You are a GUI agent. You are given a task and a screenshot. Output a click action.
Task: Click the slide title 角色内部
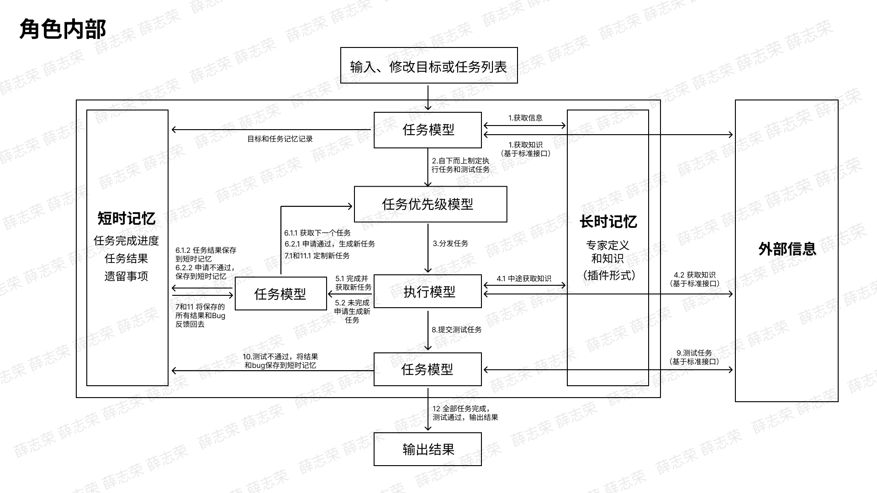[63, 29]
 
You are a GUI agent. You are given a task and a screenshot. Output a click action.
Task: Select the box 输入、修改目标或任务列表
[429, 65]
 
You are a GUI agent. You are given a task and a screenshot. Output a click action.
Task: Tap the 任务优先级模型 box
[430, 204]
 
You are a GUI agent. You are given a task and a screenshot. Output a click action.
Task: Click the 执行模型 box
[428, 291]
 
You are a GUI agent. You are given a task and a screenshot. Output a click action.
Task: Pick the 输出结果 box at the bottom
[428, 449]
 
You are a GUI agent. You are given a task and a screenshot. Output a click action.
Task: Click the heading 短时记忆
[127, 218]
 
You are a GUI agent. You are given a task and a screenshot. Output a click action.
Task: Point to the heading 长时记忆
[608, 221]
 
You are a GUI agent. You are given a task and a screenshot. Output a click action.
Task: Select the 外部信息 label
[787, 249]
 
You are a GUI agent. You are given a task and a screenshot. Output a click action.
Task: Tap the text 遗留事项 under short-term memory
[127, 276]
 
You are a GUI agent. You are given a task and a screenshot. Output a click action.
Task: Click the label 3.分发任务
[450, 243]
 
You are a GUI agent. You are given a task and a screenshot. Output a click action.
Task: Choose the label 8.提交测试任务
[457, 330]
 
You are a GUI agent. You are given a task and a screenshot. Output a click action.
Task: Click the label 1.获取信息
[525, 118]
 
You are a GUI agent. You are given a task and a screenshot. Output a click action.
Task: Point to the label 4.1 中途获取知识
[524, 278]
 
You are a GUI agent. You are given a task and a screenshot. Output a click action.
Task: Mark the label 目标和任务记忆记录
[280, 139]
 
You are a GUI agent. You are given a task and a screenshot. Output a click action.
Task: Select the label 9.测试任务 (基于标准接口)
[694, 357]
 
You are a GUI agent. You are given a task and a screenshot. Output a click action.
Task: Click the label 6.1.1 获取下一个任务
[317, 233]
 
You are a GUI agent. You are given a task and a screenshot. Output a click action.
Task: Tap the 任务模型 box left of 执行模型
[280, 294]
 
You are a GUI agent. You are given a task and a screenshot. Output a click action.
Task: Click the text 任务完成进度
[127, 241]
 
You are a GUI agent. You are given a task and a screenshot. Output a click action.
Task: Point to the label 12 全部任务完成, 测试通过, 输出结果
[465, 413]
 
